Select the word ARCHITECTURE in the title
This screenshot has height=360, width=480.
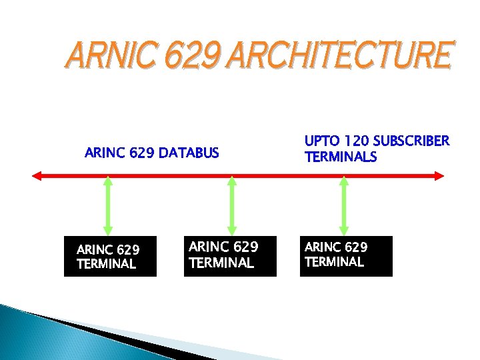tap(340, 55)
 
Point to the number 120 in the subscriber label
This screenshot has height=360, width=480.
tap(354, 141)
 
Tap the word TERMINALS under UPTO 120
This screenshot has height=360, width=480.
tap(340, 157)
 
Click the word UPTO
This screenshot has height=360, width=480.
tap(321, 141)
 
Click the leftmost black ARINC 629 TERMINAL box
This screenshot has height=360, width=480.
tap(110, 256)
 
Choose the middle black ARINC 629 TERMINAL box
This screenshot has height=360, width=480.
tap(230, 255)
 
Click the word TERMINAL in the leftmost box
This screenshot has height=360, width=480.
tap(106, 264)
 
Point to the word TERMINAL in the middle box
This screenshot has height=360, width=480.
tap(221, 263)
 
